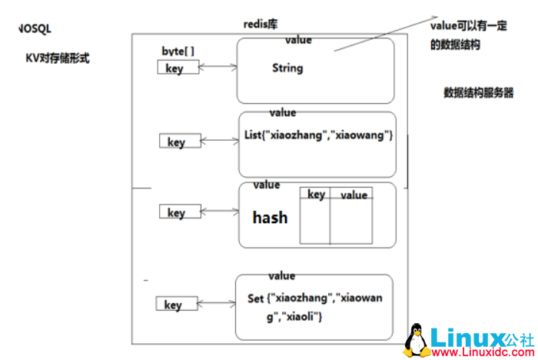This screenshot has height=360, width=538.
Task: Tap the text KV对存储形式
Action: click(57, 57)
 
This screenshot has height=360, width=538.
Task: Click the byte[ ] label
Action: click(178, 51)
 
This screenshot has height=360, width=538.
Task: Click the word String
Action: click(287, 68)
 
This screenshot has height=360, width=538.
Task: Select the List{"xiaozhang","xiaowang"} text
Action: click(318, 135)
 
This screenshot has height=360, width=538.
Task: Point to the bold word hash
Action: click(270, 218)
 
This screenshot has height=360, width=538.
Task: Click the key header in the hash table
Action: click(315, 195)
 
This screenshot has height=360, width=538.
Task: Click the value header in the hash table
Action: click(354, 195)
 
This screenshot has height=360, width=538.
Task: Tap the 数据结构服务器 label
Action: click(478, 92)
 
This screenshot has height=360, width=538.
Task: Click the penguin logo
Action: click(418, 339)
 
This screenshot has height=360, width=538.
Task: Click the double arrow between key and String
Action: click(218, 68)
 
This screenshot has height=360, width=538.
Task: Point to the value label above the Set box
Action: click(281, 275)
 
